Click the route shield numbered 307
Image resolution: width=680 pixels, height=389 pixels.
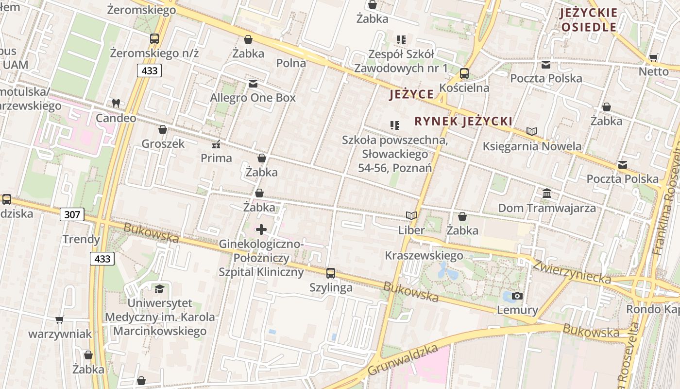(x=72, y=214)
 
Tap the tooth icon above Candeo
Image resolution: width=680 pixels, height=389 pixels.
(x=116, y=103)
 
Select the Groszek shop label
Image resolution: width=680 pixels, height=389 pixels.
(x=163, y=143)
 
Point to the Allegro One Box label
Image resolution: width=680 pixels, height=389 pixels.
(x=253, y=98)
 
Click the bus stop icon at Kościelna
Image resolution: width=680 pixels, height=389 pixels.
(x=464, y=73)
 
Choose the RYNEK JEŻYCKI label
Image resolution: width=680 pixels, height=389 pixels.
(x=463, y=122)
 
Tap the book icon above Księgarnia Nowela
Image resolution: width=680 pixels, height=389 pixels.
(x=532, y=131)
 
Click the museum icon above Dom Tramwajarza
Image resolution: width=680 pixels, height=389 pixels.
(x=547, y=194)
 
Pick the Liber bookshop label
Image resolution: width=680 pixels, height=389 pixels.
(x=411, y=230)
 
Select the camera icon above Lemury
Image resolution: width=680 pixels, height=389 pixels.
(x=517, y=296)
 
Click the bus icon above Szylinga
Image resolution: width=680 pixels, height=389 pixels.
(x=331, y=273)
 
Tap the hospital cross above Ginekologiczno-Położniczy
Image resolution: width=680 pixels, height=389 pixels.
(x=261, y=229)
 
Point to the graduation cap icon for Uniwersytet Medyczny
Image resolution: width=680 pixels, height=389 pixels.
(x=159, y=289)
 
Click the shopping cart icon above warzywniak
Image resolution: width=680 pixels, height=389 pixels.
(x=60, y=319)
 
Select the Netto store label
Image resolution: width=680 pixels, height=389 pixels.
(x=653, y=71)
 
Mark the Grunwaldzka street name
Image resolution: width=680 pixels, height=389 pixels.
(x=403, y=360)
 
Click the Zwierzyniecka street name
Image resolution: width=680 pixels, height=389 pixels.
(x=572, y=271)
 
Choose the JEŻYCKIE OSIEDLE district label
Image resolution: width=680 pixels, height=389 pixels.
(x=589, y=20)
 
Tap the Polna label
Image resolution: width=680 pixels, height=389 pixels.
(x=291, y=63)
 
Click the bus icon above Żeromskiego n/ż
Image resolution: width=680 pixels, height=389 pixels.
(x=154, y=39)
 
